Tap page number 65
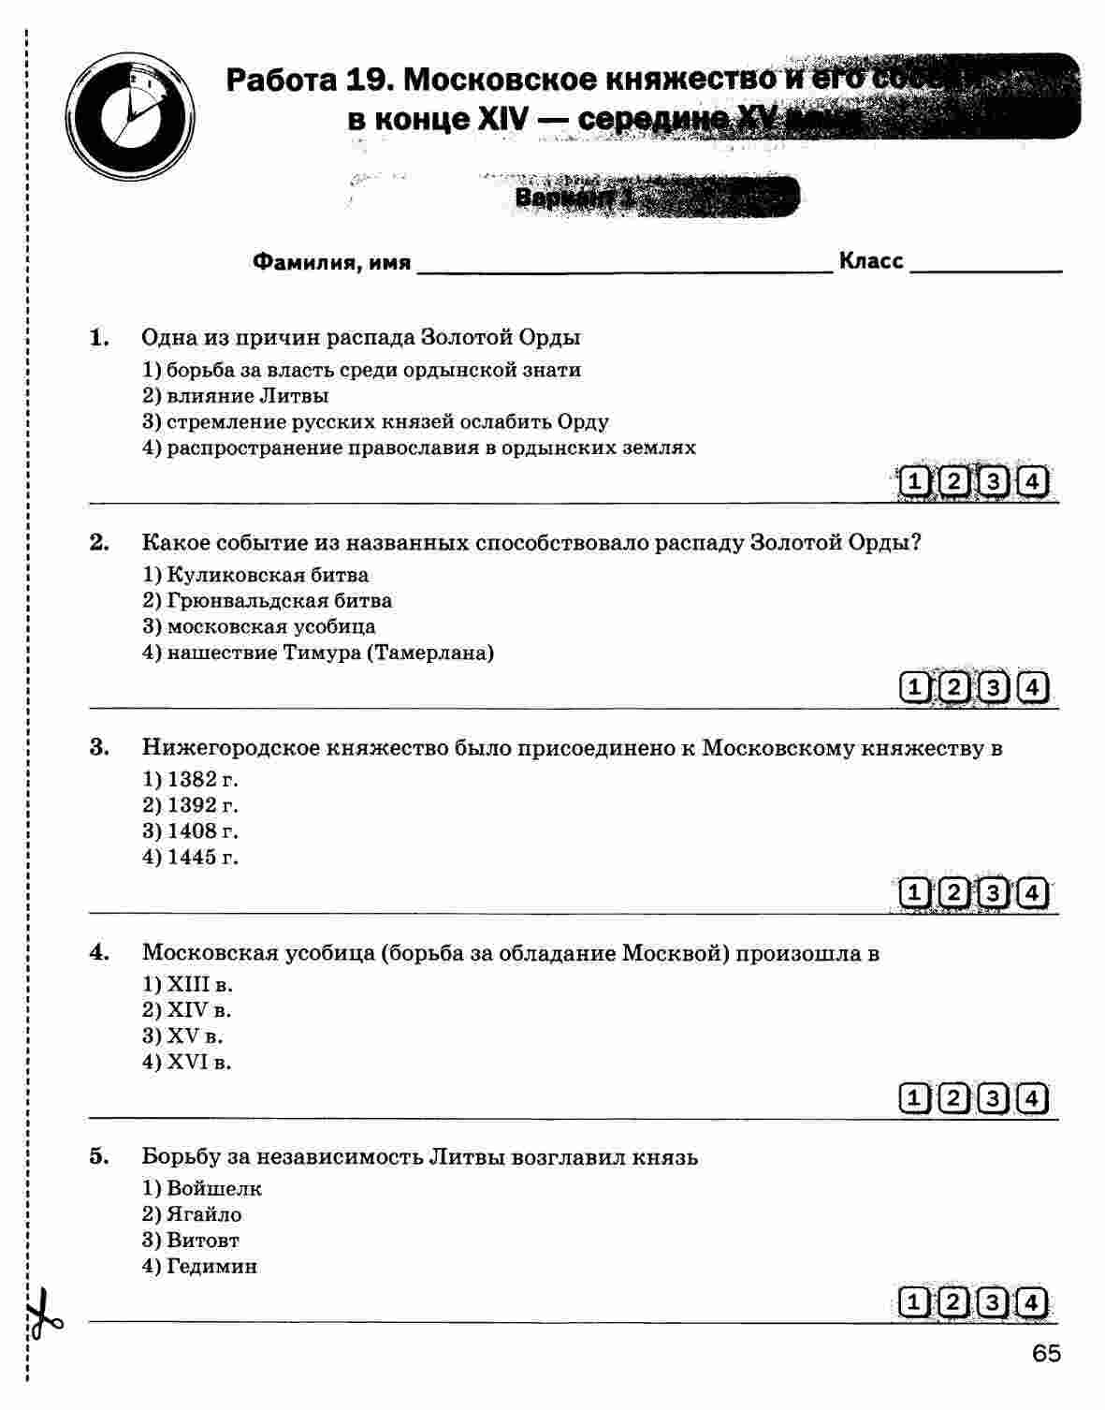(1046, 1354)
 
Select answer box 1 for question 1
(914, 483)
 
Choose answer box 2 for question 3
(953, 893)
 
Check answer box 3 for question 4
(993, 1098)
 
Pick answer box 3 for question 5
(993, 1302)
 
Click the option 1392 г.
(202, 805)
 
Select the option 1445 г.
(202, 857)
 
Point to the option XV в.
(195, 1036)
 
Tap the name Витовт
(202, 1241)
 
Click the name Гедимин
(211, 1267)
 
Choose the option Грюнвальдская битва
(279, 601)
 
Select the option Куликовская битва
(267, 575)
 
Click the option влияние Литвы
(247, 396)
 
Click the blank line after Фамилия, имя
(623, 264)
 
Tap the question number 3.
(99, 747)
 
